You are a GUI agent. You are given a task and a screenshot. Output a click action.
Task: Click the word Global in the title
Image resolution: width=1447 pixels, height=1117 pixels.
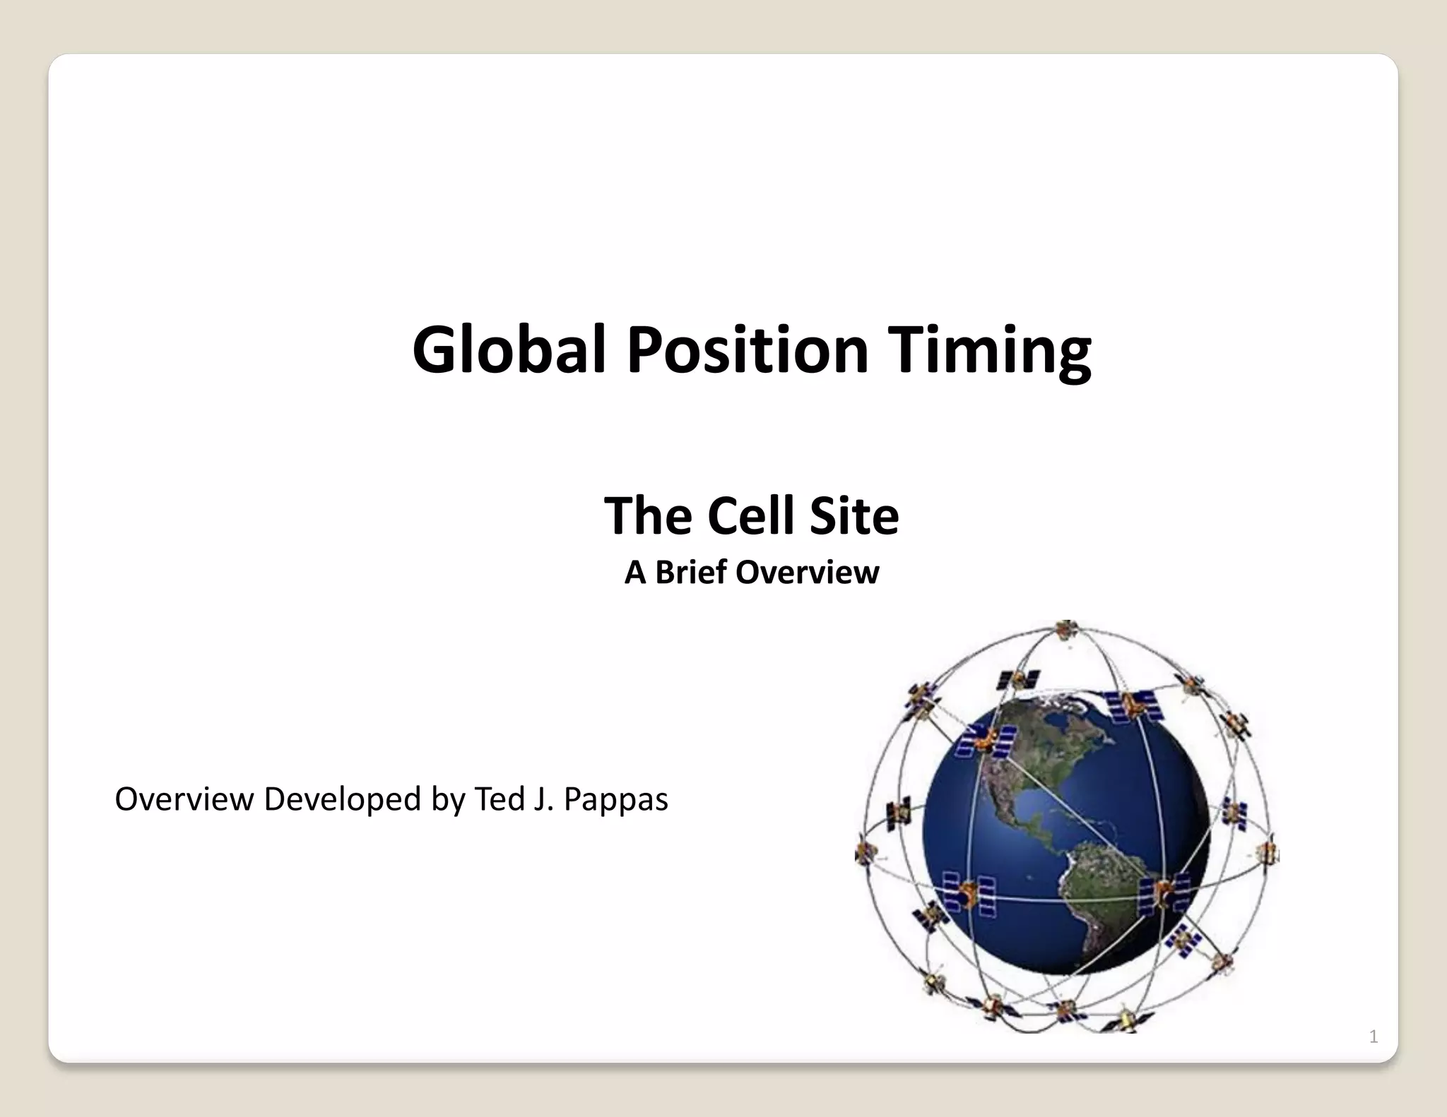click(x=509, y=350)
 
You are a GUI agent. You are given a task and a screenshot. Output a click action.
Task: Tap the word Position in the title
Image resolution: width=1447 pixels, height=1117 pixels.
click(x=748, y=350)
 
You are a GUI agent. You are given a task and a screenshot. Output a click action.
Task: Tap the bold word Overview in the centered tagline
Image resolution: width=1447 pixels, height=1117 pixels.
click(x=808, y=572)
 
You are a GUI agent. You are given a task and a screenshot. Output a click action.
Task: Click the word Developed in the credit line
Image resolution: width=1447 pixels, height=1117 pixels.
click(x=342, y=800)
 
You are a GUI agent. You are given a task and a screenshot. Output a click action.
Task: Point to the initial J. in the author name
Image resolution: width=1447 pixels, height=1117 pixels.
click(x=543, y=799)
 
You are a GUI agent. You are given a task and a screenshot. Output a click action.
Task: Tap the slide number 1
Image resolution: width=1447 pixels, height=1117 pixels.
click(x=1373, y=1037)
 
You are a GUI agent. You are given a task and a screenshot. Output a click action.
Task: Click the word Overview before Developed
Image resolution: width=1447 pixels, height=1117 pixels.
click(x=184, y=800)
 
